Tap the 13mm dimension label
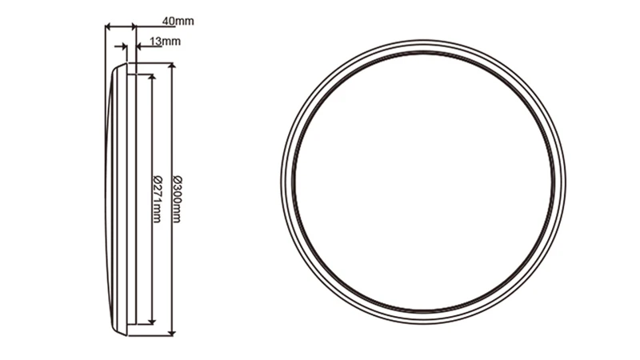click(x=166, y=40)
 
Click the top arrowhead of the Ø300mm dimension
click(x=170, y=66)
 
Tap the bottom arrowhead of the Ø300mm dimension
click(x=170, y=330)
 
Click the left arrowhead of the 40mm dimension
click(x=108, y=27)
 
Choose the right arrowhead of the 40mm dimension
click(x=132, y=27)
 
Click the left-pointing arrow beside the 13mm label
click(x=140, y=46)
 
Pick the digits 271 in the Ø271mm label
click(x=157, y=192)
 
